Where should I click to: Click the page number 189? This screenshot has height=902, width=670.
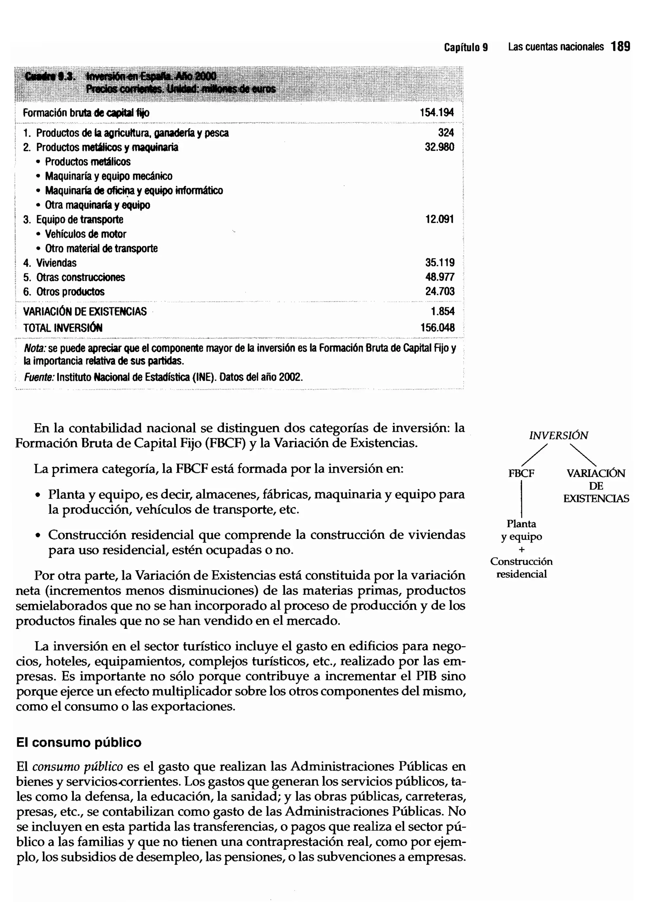[x=621, y=47]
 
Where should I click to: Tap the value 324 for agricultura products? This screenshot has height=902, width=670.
[x=446, y=133]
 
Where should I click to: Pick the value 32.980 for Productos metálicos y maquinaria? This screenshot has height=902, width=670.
[x=439, y=147]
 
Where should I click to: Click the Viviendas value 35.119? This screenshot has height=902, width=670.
[x=440, y=262]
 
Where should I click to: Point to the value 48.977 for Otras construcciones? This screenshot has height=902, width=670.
[x=440, y=277]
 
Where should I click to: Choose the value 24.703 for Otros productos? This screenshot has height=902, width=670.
[x=440, y=291]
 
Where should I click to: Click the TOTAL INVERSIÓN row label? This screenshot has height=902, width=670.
[x=63, y=328]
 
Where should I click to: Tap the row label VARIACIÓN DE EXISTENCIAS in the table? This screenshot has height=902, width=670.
[x=85, y=311]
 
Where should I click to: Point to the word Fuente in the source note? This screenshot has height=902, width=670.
[x=39, y=377]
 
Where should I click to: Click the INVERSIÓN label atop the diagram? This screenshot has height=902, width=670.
[x=558, y=435]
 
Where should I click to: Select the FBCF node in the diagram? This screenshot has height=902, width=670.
[x=521, y=473]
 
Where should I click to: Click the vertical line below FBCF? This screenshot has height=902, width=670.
[x=521, y=499]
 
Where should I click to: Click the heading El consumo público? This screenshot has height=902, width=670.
[x=79, y=742]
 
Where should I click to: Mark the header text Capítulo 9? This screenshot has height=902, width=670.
[x=466, y=47]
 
